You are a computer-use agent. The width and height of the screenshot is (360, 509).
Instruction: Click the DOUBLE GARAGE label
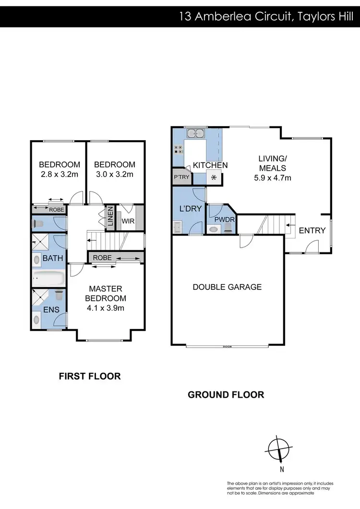tap(227, 287)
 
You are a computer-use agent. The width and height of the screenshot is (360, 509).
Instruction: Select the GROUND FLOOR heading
tap(226, 395)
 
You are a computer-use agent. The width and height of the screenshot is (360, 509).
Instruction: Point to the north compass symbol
tap(277, 450)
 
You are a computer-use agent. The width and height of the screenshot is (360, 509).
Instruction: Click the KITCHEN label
tap(210, 166)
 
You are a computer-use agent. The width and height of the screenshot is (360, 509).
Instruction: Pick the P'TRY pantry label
tap(181, 178)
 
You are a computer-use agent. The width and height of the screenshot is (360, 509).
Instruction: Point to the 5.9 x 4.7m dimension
tap(272, 178)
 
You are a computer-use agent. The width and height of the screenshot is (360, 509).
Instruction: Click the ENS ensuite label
tap(51, 310)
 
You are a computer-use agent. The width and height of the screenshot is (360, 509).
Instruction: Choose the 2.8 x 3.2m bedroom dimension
tap(60, 174)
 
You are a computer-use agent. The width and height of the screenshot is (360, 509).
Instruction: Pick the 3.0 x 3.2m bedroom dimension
tap(115, 174)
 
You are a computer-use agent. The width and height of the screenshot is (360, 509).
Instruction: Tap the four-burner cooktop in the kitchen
tap(179, 149)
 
